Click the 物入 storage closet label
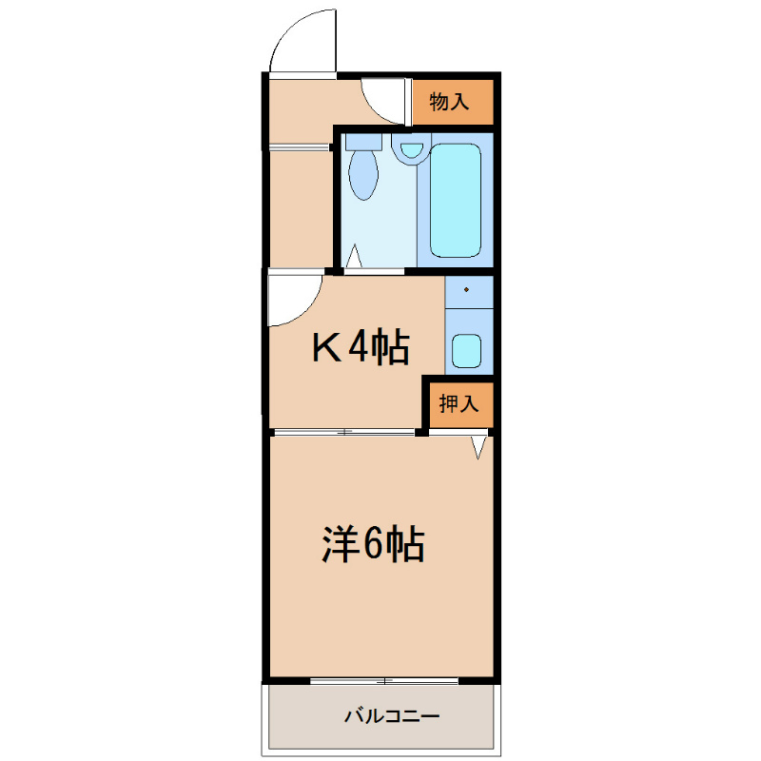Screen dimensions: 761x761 [x=449, y=102]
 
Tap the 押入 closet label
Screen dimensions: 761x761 [x=459, y=403]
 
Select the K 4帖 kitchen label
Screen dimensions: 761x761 [x=361, y=347]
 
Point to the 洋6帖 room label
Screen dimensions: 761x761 [x=373, y=543]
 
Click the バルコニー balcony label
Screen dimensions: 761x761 [x=392, y=716]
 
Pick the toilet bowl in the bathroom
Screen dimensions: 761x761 [x=363, y=174]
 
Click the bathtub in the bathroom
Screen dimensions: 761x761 [x=456, y=200]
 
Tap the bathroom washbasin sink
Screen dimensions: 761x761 [x=411, y=149]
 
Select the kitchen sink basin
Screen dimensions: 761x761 [x=466, y=351]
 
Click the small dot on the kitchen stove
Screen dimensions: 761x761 [x=466, y=290]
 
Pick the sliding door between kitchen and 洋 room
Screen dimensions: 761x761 [x=344, y=432]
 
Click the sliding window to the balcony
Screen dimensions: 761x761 [x=384, y=681]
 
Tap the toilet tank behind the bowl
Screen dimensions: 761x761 [x=363, y=141]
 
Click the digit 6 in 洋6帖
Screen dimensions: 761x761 [x=373, y=543]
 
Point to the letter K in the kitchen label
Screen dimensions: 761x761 [x=326, y=347]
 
